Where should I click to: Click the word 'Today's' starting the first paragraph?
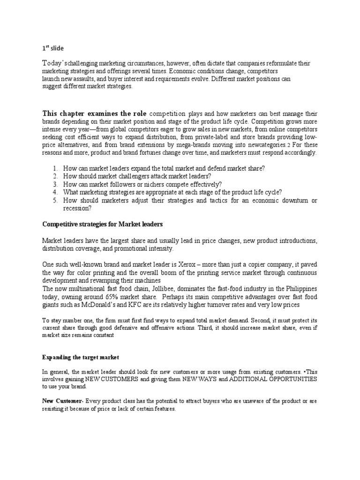(x=53, y=63)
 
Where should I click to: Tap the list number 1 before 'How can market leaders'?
(x=55, y=168)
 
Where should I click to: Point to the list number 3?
(x=55, y=184)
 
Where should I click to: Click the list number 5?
(x=55, y=201)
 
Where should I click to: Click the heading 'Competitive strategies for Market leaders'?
(x=103, y=225)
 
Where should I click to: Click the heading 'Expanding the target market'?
(x=81, y=357)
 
